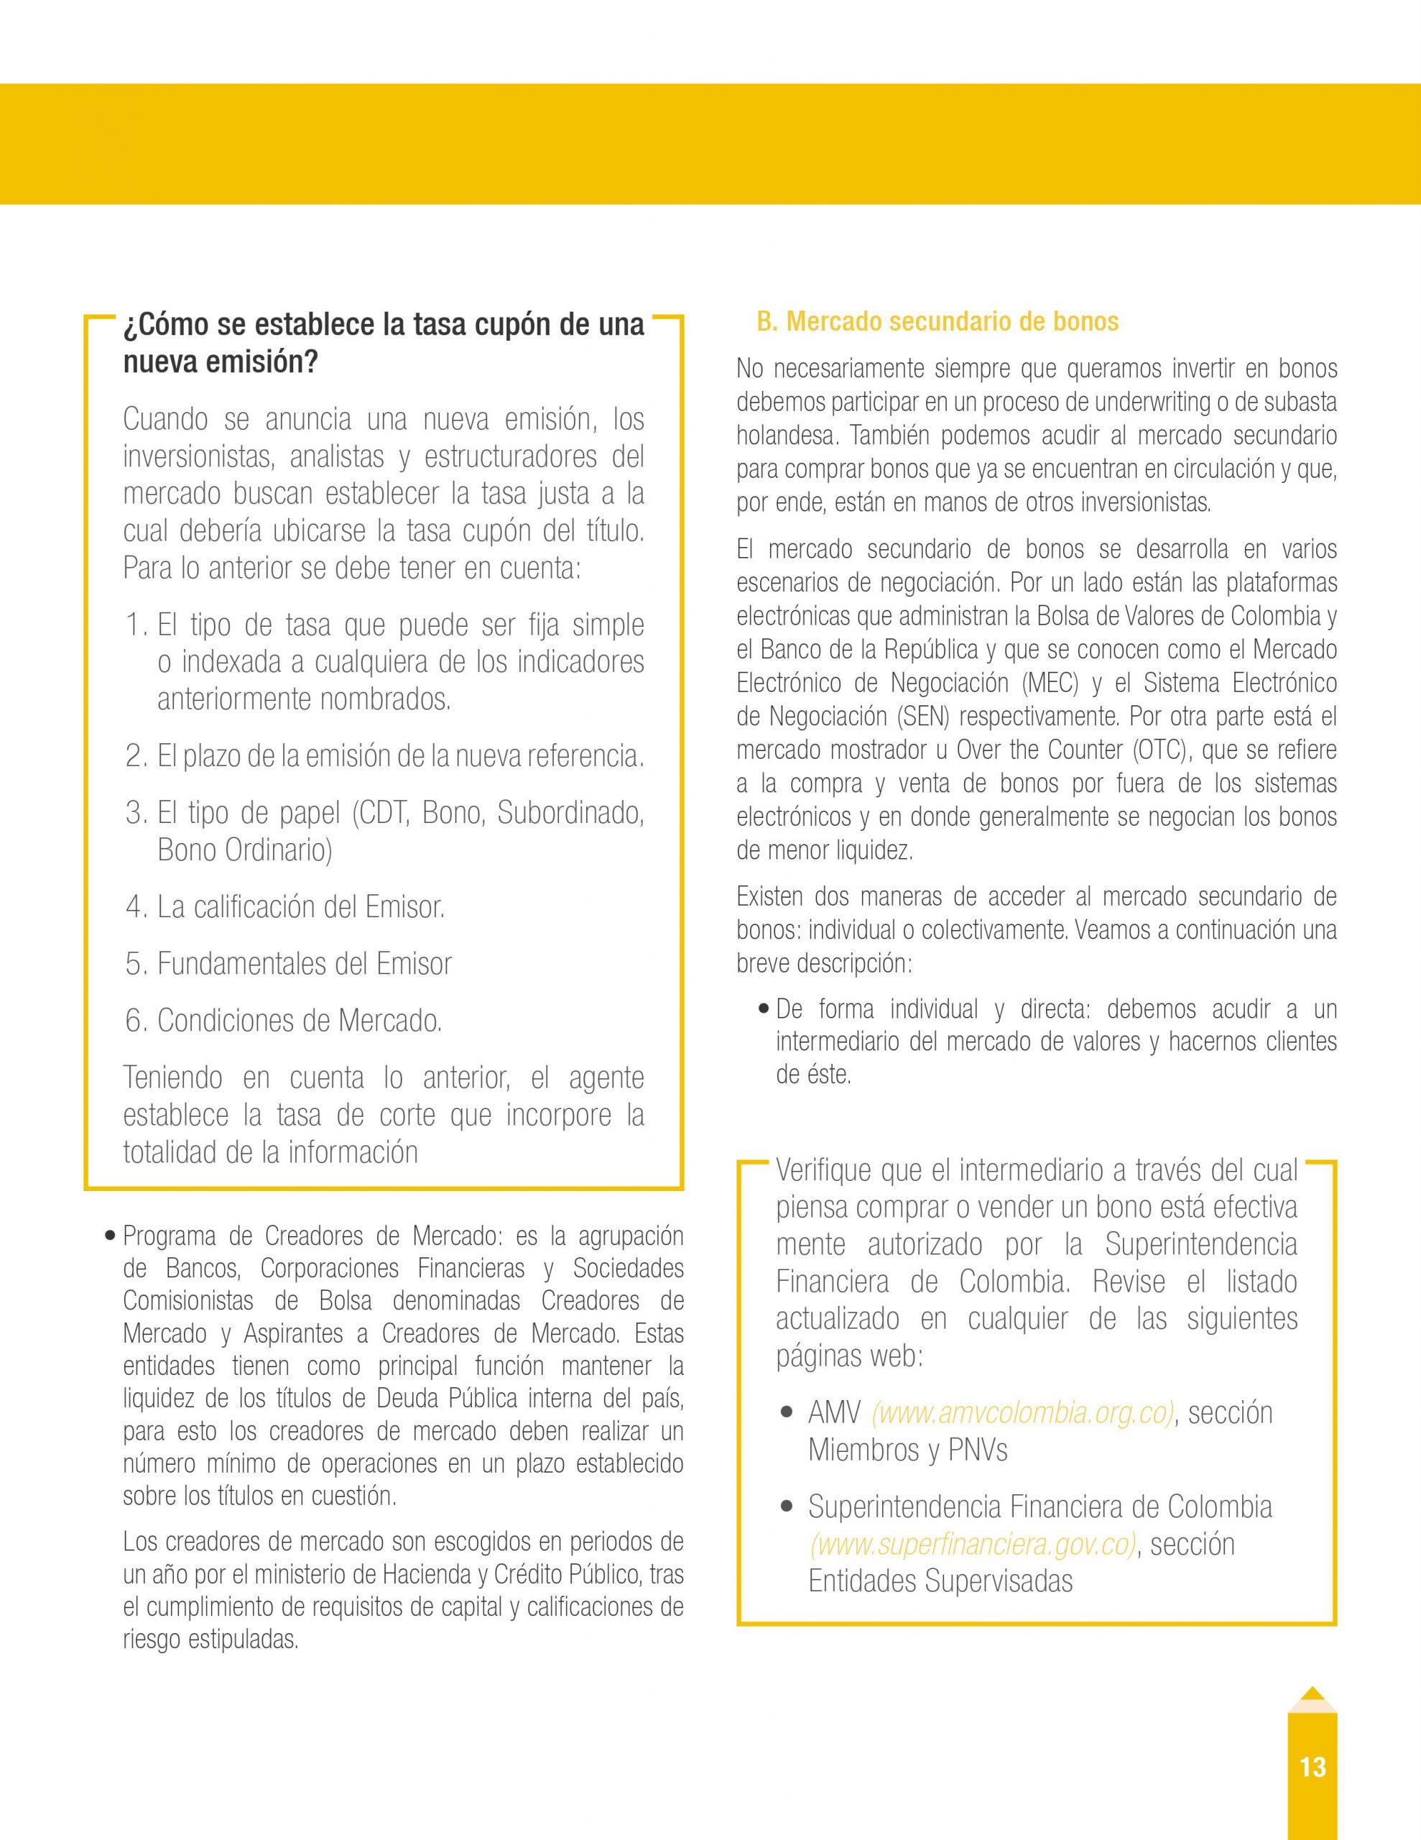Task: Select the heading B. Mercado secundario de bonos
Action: [x=938, y=322]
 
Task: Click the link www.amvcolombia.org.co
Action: [x=1022, y=1413]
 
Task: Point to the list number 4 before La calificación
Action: [x=136, y=907]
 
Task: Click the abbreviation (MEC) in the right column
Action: [x=1050, y=682]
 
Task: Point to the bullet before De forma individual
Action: [x=763, y=1009]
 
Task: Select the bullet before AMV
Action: [x=787, y=1413]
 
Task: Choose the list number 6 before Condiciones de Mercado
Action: [x=136, y=1021]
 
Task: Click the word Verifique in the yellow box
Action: [x=822, y=1170]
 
